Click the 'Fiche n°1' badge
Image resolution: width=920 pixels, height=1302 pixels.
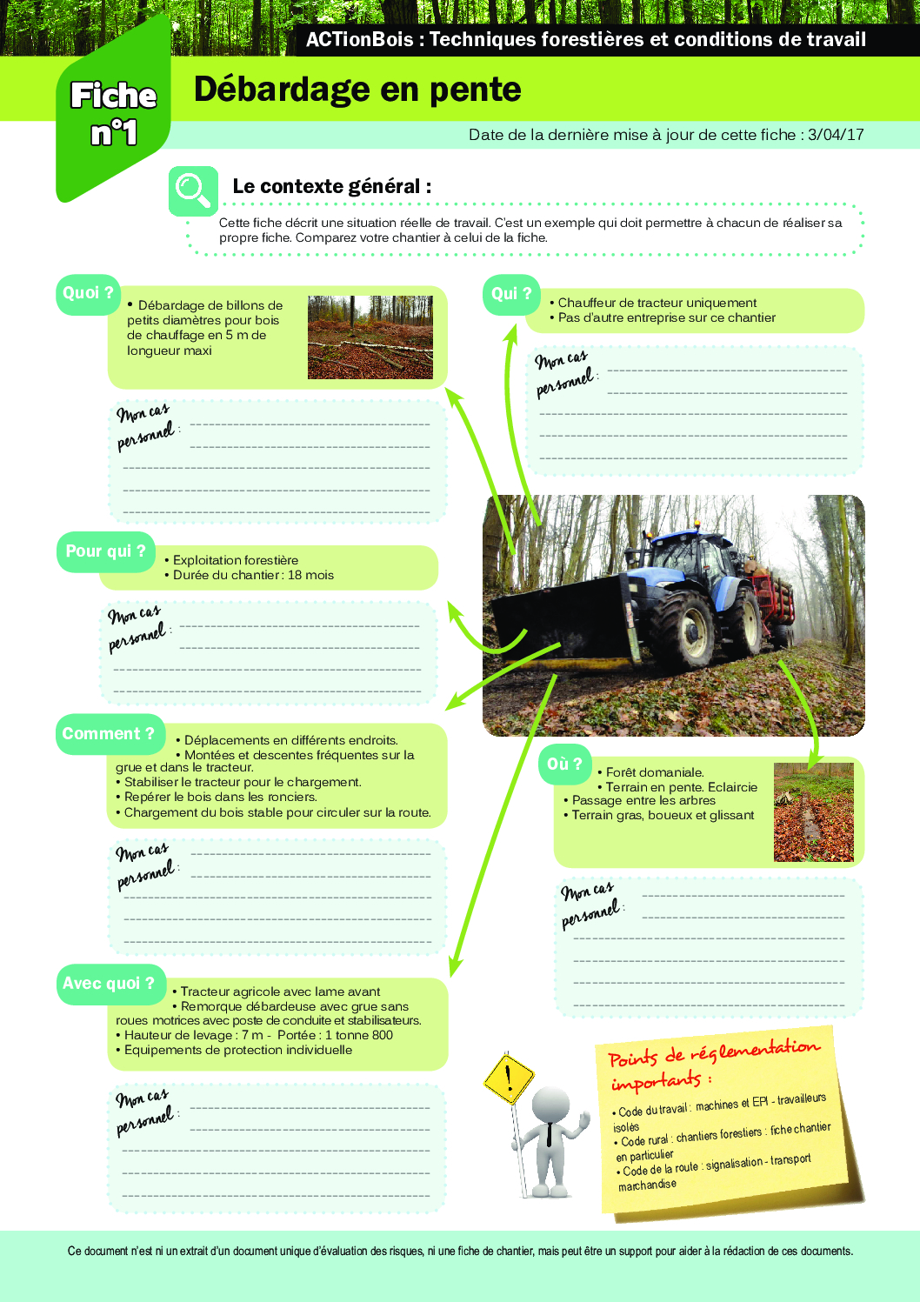(x=113, y=114)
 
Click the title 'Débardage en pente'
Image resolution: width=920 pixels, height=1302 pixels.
(x=357, y=90)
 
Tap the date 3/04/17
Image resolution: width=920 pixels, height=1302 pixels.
(x=836, y=135)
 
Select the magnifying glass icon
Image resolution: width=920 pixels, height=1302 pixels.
(x=192, y=190)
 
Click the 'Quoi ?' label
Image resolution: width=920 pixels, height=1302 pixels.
(x=88, y=293)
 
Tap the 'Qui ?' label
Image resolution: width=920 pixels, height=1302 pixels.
(x=510, y=294)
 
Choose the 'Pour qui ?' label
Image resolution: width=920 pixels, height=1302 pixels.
(x=105, y=551)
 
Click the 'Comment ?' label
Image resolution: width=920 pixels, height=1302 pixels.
(x=108, y=734)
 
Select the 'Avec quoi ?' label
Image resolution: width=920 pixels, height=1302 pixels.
(x=108, y=984)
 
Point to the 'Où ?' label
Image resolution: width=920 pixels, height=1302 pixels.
(x=564, y=764)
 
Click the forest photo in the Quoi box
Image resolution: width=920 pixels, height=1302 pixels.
(x=370, y=337)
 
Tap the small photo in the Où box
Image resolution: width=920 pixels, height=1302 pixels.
(x=813, y=812)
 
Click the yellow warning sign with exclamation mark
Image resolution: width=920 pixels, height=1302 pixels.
(x=508, y=1079)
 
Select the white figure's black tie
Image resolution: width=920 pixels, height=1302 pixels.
(x=549, y=1134)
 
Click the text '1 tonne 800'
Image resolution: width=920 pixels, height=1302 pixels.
(x=359, y=1036)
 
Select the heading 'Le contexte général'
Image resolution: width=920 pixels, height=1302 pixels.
(x=331, y=187)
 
